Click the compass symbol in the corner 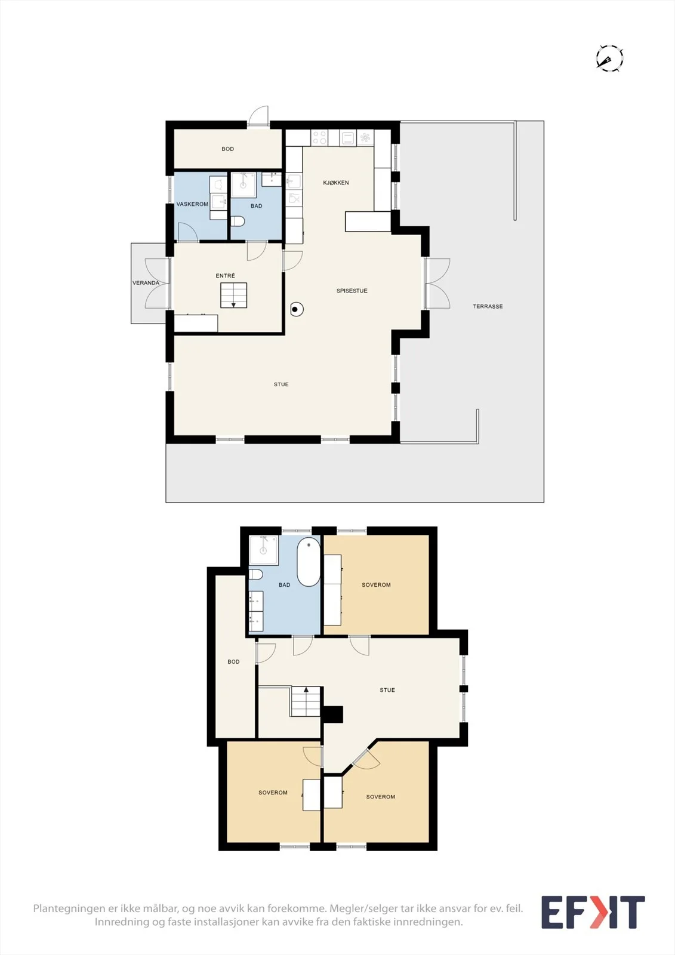(x=609, y=58)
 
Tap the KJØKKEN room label (x=336, y=183)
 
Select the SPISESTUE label (x=352, y=291)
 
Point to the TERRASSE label (x=488, y=306)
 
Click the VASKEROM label (x=192, y=204)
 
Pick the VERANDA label (x=146, y=283)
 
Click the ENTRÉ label (x=225, y=276)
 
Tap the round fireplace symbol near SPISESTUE (x=297, y=309)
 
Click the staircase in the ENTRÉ (x=234, y=295)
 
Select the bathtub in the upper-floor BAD (x=309, y=562)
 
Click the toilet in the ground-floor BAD (x=238, y=221)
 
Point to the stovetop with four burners (x=319, y=138)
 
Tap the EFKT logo (x=593, y=912)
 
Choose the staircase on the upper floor (x=306, y=701)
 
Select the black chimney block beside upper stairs (x=332, y=714)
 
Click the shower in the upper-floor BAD (x=264, y=550)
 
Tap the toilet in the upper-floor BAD (x=255, y=574)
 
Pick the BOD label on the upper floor (x=233, y=662)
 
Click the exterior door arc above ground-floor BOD (x=258, y=115)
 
